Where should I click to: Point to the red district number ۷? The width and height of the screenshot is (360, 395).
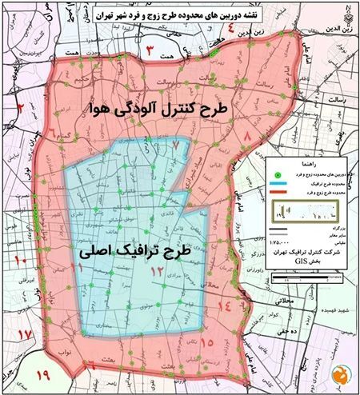pos(176,146)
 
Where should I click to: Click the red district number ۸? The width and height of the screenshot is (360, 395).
pos(246,142)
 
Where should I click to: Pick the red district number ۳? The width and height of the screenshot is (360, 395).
pos(148,53)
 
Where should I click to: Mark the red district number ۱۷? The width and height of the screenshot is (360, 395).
pos(26,333)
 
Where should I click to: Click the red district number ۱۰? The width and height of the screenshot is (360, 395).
pos(22,261)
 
